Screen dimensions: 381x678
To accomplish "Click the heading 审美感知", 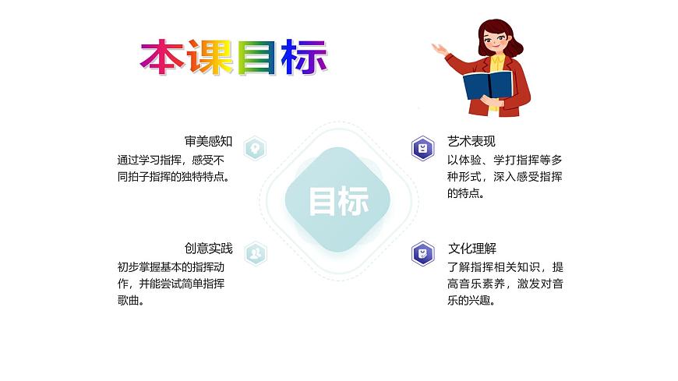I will click(208, 142).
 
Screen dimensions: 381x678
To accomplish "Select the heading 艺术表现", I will click(471, 142).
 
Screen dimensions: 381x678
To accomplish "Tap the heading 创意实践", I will click(208, 249).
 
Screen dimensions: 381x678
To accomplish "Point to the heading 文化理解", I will click(471, 249).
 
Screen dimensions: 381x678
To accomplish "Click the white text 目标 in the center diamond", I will click(338, 202).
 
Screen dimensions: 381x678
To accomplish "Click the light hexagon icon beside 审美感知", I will click(255, 147).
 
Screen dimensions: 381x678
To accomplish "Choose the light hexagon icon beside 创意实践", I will click(255, 253).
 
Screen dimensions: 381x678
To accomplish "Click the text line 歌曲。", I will click(130, 301).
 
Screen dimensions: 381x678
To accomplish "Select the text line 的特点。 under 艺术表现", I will click(466, 194).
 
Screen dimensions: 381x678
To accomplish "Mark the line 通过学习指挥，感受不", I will click(170, 160).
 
